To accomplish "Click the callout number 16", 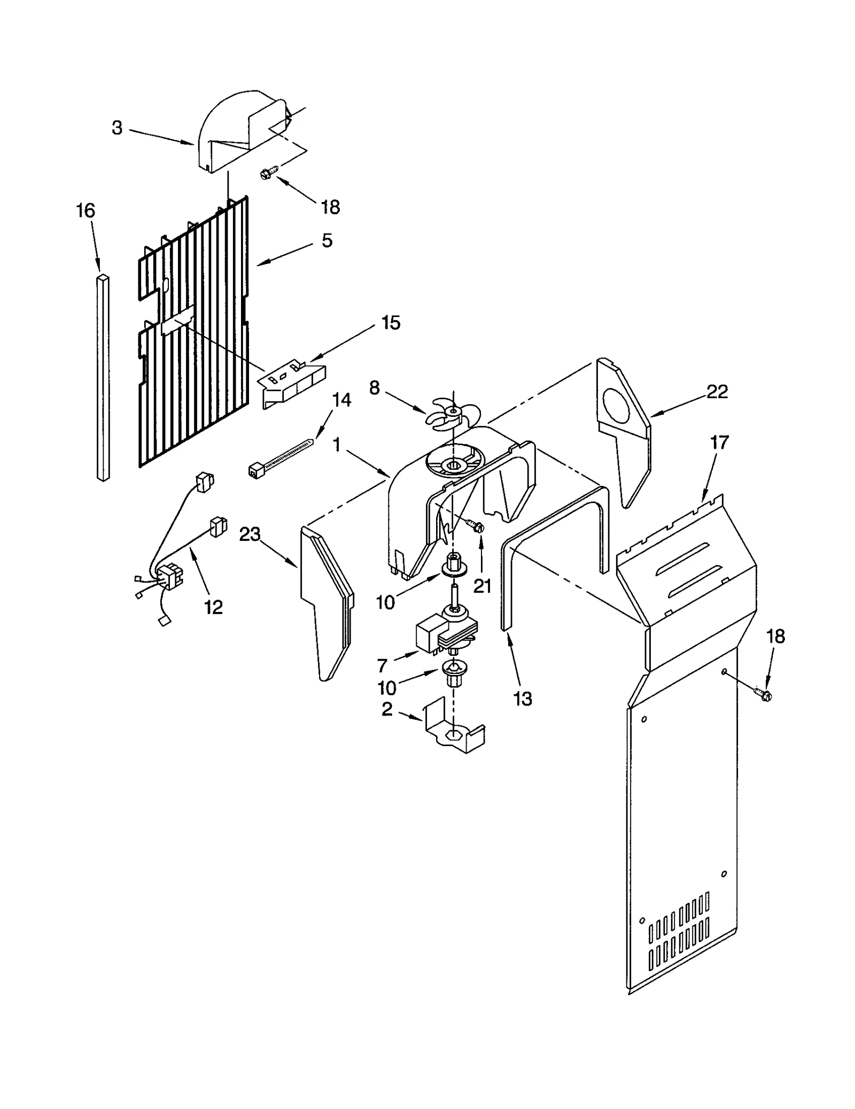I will tap(85, 211).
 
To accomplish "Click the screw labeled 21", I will tap(476, 526).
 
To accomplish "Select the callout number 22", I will tap(717, 392).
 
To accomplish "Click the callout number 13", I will tap(522, 698).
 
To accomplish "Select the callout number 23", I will tap(250, 534).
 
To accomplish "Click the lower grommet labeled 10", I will tap(454, 674).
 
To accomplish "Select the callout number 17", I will tap(719, 443).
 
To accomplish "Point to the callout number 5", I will tap(327, 241).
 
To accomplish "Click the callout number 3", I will tap(117, 128).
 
